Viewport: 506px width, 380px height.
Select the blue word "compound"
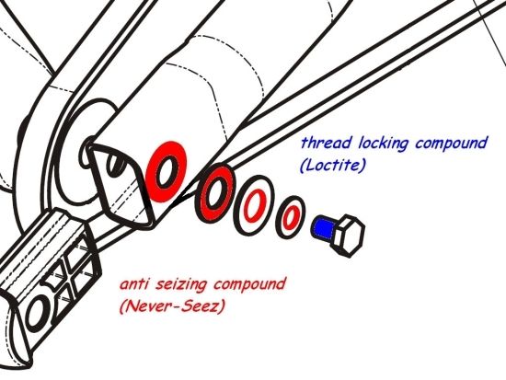point(451,144)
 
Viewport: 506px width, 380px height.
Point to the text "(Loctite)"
point(332,166)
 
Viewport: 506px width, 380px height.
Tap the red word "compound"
point(249,285)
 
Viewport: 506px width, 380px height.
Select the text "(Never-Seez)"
point(171,306)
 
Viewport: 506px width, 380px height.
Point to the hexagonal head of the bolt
point(349,236)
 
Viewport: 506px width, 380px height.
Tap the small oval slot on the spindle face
point(115,165)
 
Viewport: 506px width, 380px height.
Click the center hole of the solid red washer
point(167,171)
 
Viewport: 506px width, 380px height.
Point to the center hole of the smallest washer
point(291,217)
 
